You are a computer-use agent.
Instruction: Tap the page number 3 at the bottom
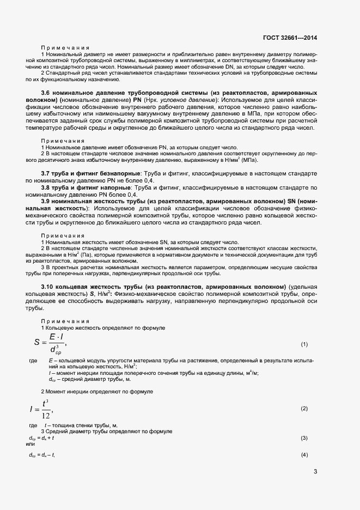315,471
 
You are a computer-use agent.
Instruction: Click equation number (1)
304,344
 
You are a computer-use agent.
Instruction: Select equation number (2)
304,408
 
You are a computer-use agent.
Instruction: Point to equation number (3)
304,438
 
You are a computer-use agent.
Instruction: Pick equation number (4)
304,454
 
